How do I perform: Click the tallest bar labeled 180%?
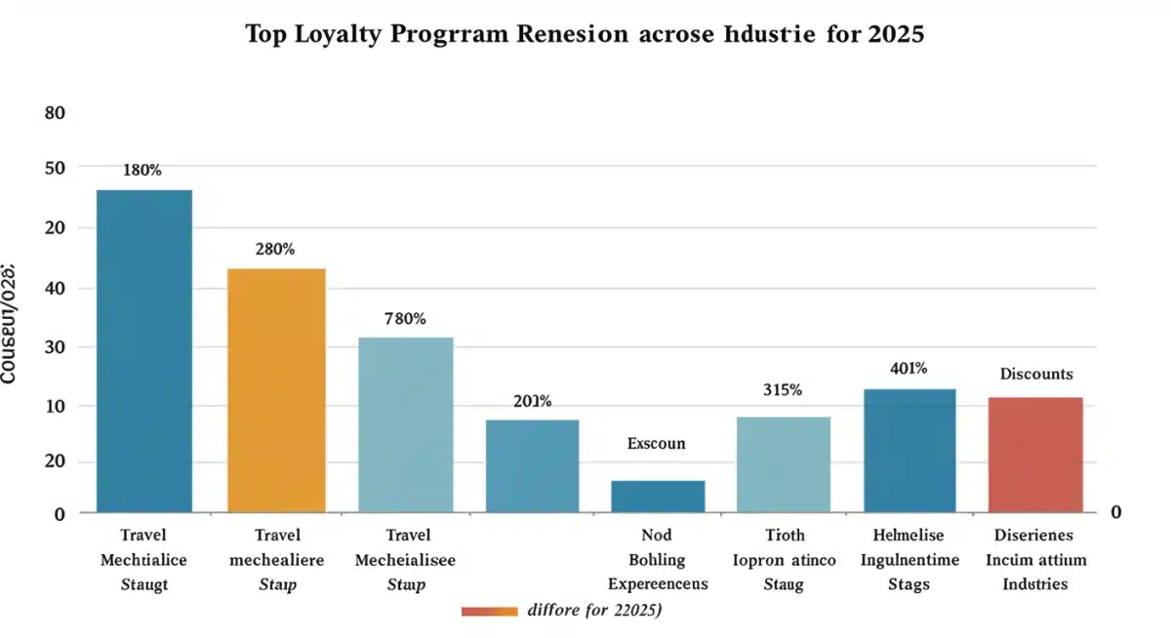pyautogui.click(x=143, y=351)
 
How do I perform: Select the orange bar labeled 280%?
pyautogui.click(x=276, y=390)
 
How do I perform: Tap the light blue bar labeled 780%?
pyautogui.click(x=406, y=424)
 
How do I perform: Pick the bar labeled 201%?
pyautogui.click(x=532, y=465)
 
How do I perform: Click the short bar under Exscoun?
pyautogui.click(x=658, y=497)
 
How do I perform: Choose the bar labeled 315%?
pyautogui.click(x=783, y=464)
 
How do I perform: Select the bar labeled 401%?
pyautogui.click(x=909, y=451)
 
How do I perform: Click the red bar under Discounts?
pyautogui.click(x=1035, y=455)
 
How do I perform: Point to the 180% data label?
pyautogui.click(x=142, y=171)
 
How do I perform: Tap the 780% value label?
pyautogui.click(x=405, y=318)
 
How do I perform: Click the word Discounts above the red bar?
pyautogui.click(x=1036, y=374)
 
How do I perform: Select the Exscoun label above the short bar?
pyautogui.click(x=656, y=443)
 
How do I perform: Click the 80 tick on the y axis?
pyautogui.click(x=55, y=113)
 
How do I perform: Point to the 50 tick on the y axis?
pyautogui.click(x=55, y=168)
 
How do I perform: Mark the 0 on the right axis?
pyautogui.click(x=1116, y=512)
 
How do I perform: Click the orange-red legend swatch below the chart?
pyautogui.click(x=488, y=611)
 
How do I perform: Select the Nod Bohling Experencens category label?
pyautogui.click(x=659, y=560)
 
